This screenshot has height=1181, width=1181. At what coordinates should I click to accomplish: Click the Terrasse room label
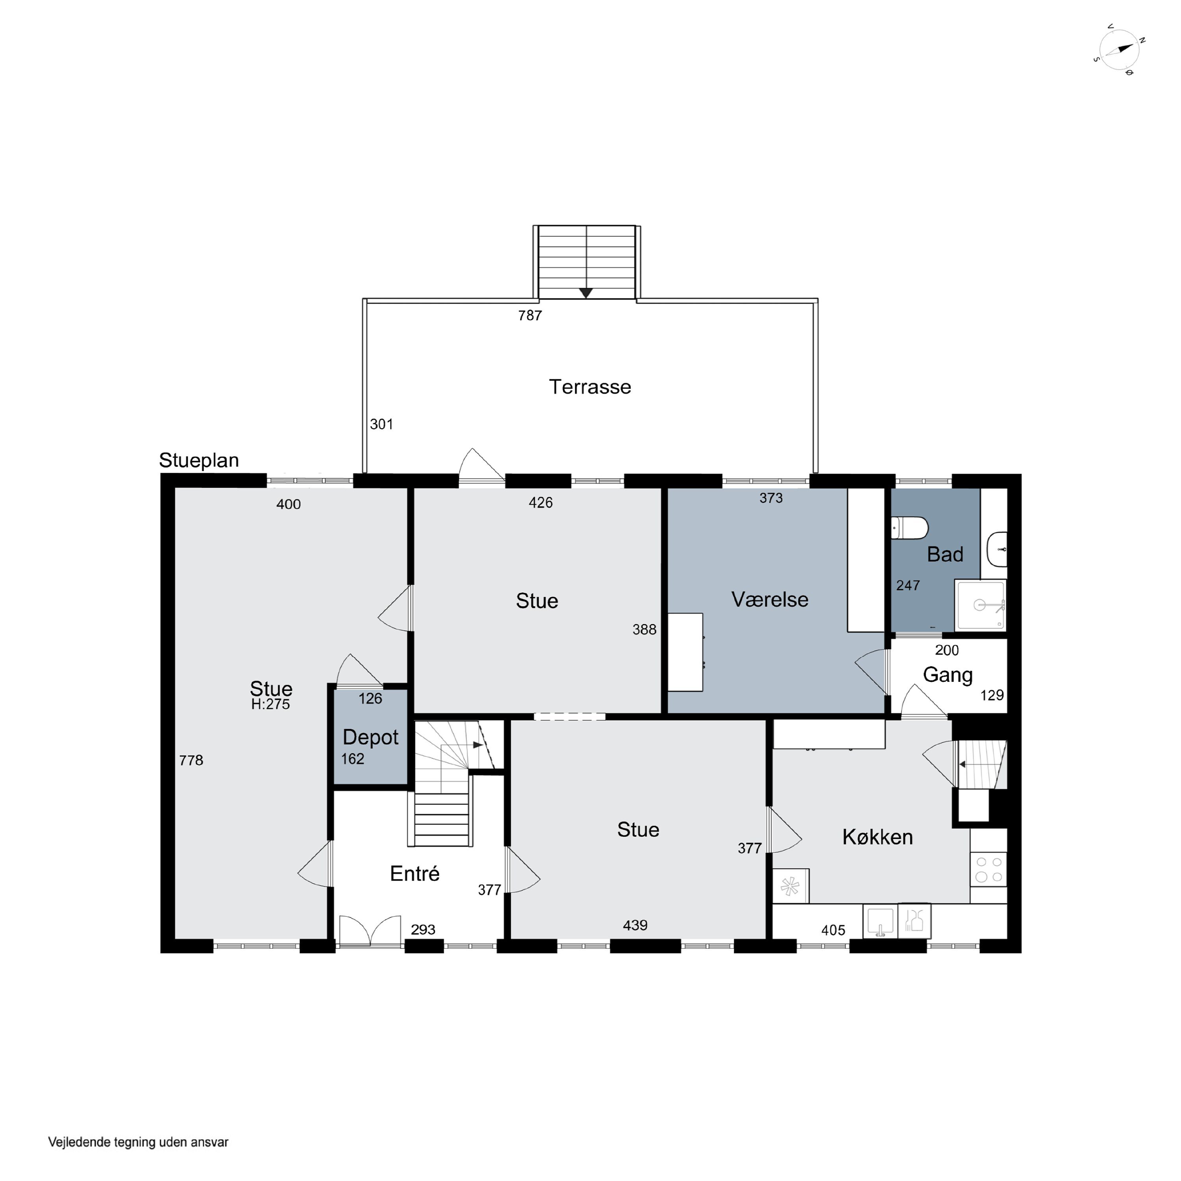[590, 387]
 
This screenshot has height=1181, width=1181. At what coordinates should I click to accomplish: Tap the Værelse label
[770, 599]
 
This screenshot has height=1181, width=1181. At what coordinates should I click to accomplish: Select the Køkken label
[877, 837]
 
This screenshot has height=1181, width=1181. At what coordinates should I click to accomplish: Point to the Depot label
[370, 738]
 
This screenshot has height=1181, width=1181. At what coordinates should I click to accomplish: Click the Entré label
[415, 874]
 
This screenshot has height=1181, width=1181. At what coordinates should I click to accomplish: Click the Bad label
[945, 554]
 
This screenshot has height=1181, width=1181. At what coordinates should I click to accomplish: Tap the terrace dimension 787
[530, 315]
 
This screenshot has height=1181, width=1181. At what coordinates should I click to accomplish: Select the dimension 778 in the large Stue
[191, 761]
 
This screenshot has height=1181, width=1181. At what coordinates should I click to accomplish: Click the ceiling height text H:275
[270, 704]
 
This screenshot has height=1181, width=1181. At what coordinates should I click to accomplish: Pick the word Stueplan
[199, 460]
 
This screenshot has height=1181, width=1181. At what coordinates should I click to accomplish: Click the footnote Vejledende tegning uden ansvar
[138, 1142]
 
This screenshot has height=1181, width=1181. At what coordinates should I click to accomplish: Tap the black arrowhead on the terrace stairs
[586, 293]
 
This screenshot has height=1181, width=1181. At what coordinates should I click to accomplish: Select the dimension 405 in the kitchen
[833, 930]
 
